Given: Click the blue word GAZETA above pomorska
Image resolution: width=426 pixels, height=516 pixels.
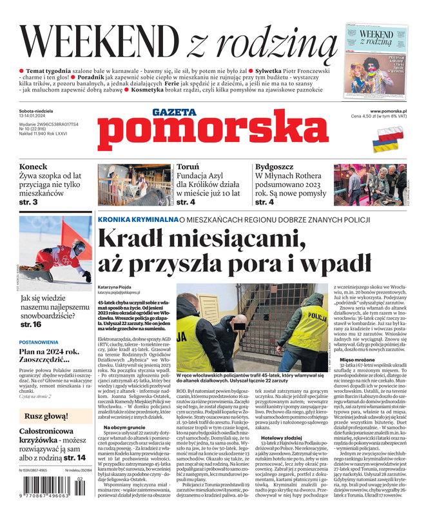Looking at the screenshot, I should click(174, 112).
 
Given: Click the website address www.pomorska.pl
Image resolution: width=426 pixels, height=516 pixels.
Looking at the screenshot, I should click(388, 111).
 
